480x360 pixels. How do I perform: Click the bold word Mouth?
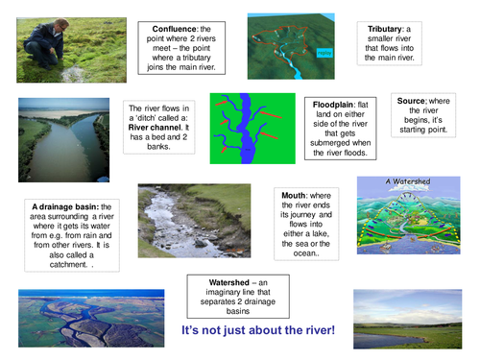coord(295,195)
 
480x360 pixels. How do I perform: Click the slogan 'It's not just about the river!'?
coord(258,330)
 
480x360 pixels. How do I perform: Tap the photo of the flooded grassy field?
coord(407,323)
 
